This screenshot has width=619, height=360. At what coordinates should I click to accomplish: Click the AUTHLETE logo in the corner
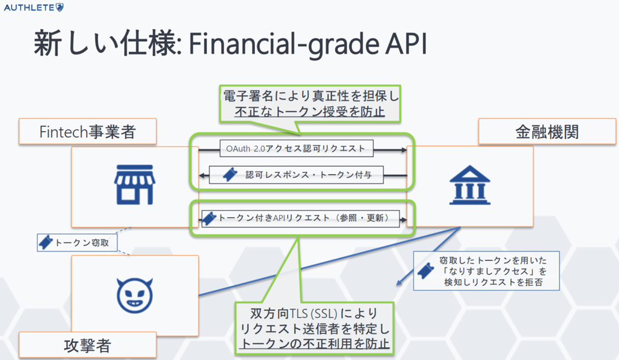click(x=33, y=7)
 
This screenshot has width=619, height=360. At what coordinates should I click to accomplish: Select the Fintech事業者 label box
click(x=87, y=132)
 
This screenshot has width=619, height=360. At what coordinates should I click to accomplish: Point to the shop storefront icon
click(x=135, y=186)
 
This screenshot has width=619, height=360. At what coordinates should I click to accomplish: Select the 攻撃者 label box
click(x=87, y=345)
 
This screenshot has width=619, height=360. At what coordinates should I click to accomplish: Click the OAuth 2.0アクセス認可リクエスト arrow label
click(x=296, y=148)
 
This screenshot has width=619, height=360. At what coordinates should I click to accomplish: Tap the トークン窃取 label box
click(x=76, y=242)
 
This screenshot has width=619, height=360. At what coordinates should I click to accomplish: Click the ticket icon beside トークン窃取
click(x=46, y=242)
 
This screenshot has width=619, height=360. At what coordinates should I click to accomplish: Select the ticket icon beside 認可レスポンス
click(x=229, y=175)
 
